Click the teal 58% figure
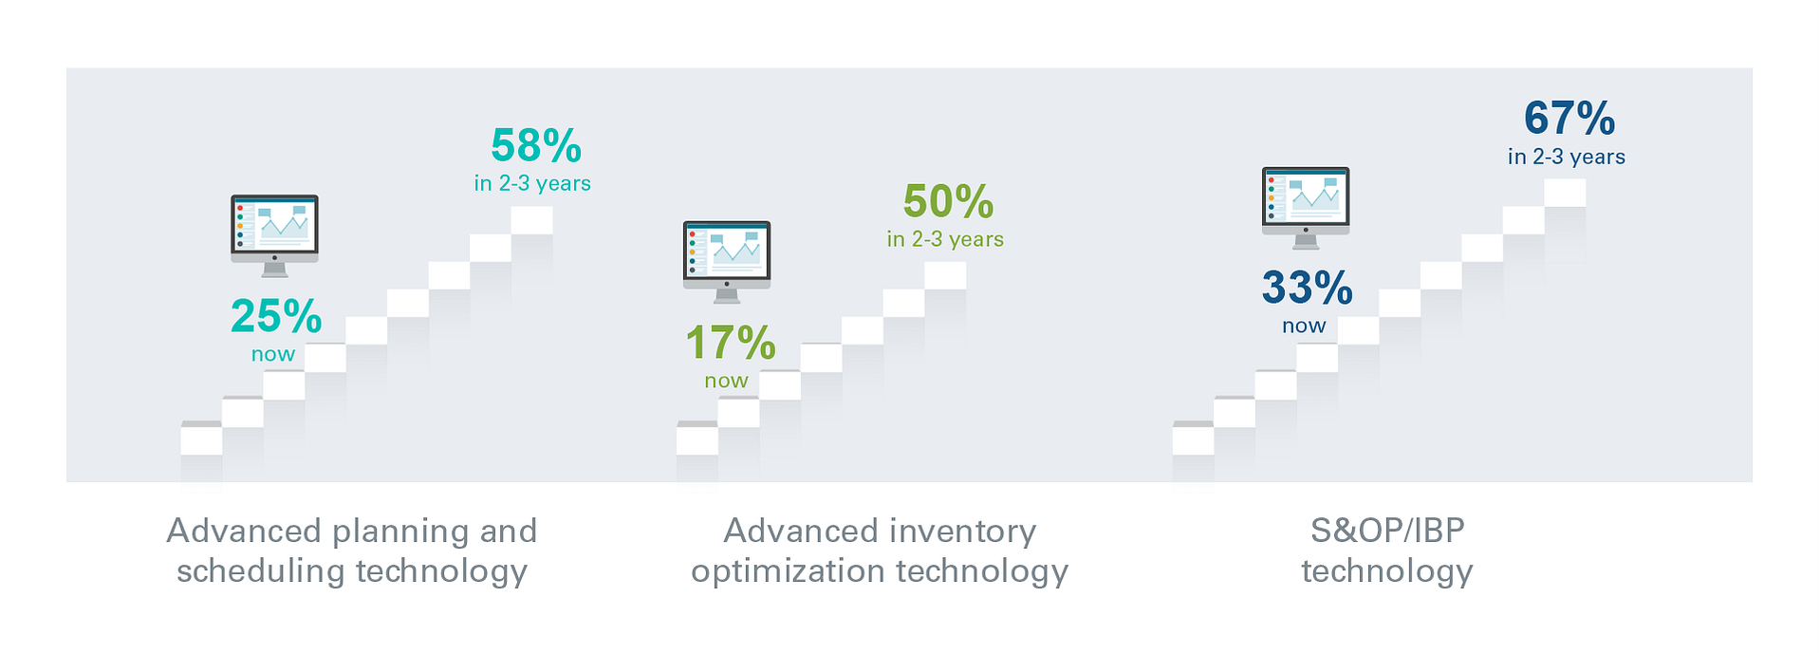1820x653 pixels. [x=536, y=146]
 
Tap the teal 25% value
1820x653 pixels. [x=276, y=317]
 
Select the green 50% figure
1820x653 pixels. [x=948, y=201]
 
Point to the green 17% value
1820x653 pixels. [x=731, y=344]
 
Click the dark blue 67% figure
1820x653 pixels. [x=1569, y=119]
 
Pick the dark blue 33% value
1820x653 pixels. [x=1307, y=288]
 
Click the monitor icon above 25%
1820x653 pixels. [x=274, y=235]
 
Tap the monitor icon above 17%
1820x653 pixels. [x=727, y=262]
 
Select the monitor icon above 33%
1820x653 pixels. [x=1306, y=208]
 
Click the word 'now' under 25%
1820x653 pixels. [x=273, y=355]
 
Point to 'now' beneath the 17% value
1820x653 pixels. [x=727, y=382]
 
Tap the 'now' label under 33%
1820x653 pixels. [x=1304, y=326]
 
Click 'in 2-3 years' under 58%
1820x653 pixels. [x=532, y=183]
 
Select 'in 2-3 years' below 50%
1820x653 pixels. [x=945, y=239]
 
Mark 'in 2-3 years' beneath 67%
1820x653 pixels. [x=1567, y=157]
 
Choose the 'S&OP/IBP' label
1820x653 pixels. [x=1387, y=530]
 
